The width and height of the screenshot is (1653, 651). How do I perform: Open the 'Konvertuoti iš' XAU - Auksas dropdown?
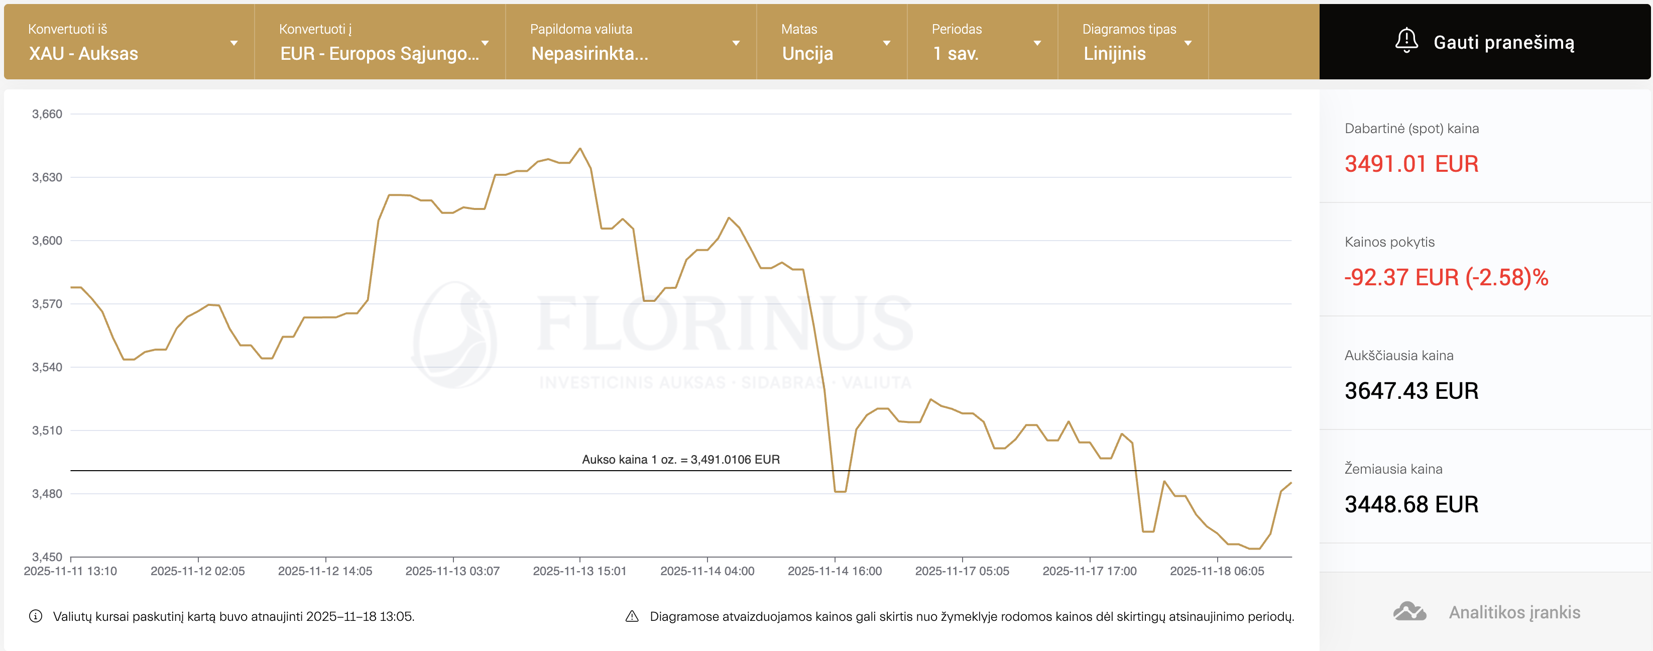click(129, 42)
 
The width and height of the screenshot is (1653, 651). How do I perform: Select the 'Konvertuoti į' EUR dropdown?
click(380, 42)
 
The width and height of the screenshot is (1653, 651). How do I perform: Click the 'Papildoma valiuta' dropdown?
click(631, 42)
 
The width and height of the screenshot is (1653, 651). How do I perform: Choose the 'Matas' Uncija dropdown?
click(832, 42)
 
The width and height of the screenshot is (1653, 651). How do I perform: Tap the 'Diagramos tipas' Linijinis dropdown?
click(1133, 42)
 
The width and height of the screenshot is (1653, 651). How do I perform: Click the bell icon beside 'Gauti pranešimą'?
click(1406, 41)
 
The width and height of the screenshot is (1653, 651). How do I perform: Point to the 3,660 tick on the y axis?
click(47, 115)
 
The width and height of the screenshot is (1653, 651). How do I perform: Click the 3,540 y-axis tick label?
click(47, 367)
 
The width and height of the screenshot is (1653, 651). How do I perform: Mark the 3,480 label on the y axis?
click(47, 494)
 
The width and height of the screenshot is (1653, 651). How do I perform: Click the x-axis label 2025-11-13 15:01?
click(579, 571)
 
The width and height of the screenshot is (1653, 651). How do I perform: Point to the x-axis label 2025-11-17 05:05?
click(962, 571)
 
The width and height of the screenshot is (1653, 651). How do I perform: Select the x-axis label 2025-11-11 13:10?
click(71, 571)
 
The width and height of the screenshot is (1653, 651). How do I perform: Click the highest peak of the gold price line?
click(580, 149)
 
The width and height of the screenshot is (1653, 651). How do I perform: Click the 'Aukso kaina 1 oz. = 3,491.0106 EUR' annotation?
click(681, 460)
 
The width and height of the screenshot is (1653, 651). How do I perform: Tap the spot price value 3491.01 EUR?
click(1411, 164)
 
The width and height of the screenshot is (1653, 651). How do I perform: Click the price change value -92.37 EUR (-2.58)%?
click(1446, 277)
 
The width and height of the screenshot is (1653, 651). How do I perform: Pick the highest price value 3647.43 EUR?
click(1411, 390)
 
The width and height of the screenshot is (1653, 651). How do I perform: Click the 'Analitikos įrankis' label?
click(1514, 612)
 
